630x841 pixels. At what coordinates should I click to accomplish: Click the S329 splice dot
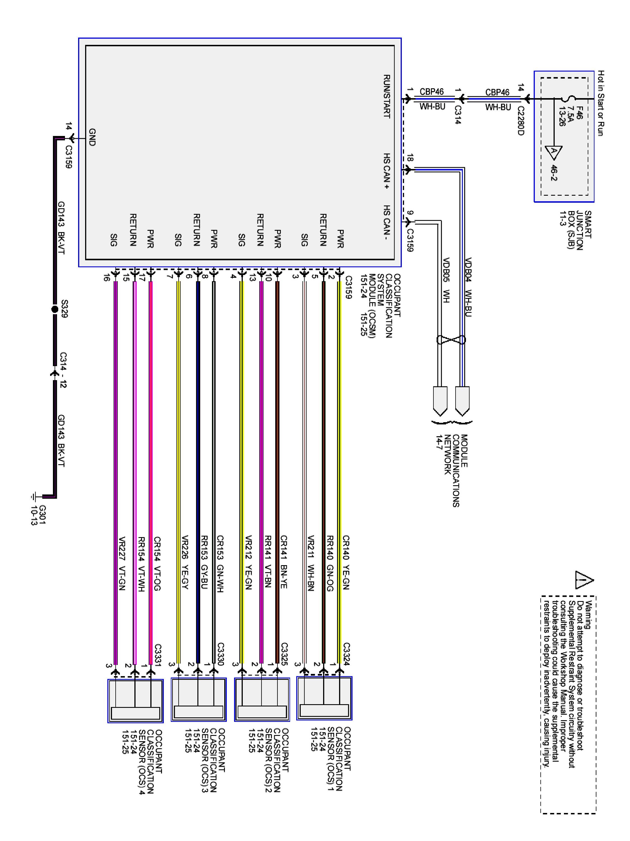tap(55, 309)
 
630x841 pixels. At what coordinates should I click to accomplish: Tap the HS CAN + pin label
tap(387, 171)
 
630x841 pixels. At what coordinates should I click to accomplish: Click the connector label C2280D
tap(521, 121)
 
